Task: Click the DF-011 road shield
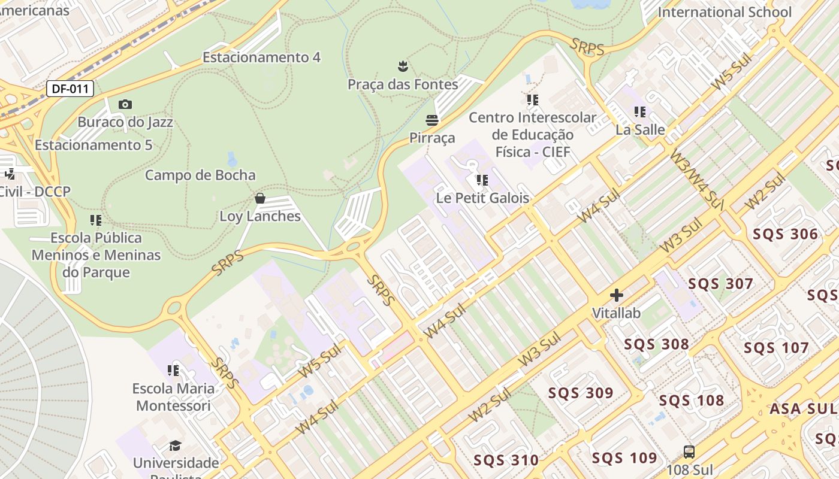pos(71,89)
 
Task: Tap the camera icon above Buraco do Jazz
pos(125,105)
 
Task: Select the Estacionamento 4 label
pos(261,57)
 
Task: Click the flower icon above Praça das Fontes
pos(403,65)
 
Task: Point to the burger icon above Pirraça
pos(432,120)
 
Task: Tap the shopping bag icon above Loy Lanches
pos(260,198)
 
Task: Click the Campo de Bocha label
pos(200,175)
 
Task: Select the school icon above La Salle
pos(640,112)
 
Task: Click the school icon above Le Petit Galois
pos(482,180)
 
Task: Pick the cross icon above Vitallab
pos(616,295)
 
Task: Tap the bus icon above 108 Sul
pos(689,452)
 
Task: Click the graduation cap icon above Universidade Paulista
pos(175,445)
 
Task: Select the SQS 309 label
pos(581,393)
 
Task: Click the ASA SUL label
pos(802,409)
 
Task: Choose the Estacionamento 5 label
pos(93,145)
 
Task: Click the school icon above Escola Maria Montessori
pos(173,371)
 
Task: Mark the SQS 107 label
pos(776,348)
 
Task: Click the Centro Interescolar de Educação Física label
pos(532,135)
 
